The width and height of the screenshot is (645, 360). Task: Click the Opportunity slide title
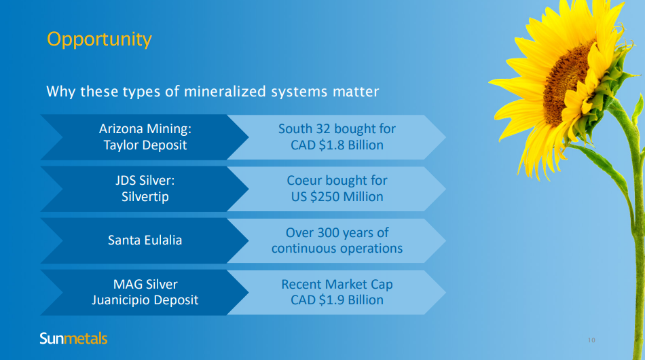coord(99,40)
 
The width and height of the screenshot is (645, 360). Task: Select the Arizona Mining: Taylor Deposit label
coord(145,137)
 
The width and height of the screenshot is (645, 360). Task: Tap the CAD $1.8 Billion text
coord(337,145)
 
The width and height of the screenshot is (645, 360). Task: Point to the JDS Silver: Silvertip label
coord(145,188)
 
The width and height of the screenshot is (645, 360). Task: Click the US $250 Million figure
coord(337,197)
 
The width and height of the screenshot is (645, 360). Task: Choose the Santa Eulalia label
coord(145,240)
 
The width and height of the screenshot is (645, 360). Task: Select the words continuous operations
coord(337,249)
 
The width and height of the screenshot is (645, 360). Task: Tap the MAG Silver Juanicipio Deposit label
coord(145,292)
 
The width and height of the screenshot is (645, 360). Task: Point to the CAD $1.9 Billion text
coord(337,300)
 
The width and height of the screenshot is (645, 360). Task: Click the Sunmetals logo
coord(73,338)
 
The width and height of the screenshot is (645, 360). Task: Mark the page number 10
coord(591,340)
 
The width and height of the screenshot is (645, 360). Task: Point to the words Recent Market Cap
coord(337,285)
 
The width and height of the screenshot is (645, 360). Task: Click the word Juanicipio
coord(119,300)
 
